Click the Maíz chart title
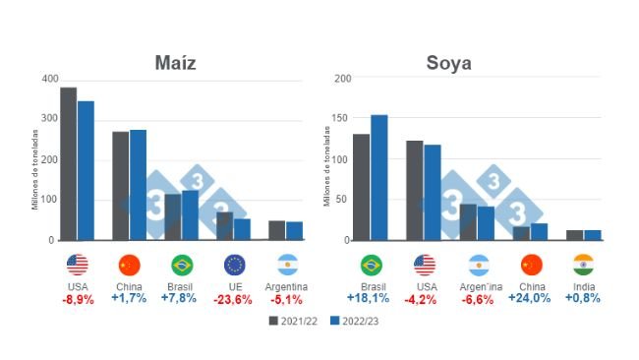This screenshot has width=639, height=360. [x=176, y=63]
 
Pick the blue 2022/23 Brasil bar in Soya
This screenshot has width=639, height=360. [x=379, y=177]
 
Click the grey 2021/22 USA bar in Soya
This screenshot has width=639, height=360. [x=414, y=190]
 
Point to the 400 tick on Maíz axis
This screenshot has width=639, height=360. [x=50, y=78]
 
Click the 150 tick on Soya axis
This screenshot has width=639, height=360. [x=339, y=118]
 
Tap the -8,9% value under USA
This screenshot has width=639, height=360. [x=77, y=299]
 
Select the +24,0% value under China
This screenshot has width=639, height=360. [x=531, y=299]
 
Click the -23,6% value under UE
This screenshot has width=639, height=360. [x=235, y=299]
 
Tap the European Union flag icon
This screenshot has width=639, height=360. [x=235, y=265]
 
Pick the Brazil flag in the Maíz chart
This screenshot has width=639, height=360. [x=182, y=265]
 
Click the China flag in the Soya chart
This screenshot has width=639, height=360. [x=531, y=265]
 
